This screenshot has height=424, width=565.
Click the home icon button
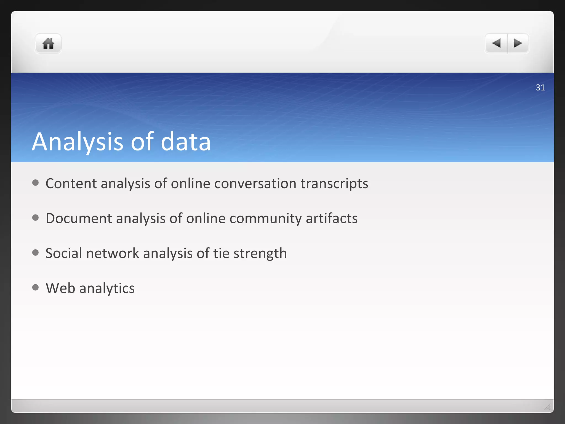48,44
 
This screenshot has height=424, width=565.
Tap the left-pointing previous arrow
496,43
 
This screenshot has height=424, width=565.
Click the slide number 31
540,88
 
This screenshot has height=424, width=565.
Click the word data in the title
186,142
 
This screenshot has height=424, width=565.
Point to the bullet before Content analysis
35,183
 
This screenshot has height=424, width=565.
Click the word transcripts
334,184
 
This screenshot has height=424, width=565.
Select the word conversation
255,184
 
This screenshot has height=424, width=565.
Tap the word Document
79,218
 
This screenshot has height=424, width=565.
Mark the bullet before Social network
35,253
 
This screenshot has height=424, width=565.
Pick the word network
113,253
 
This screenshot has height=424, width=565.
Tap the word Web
60,288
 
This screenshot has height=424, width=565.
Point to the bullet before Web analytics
35,287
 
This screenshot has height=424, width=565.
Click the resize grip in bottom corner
548,407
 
